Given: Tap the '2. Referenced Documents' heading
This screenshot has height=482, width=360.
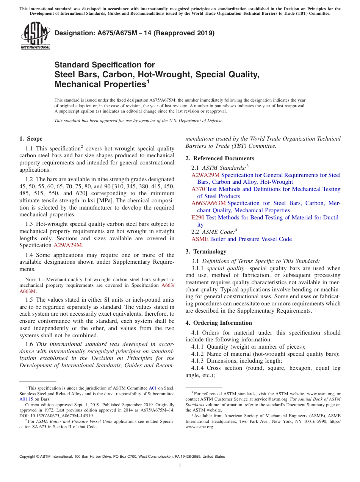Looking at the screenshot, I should coord(220,158).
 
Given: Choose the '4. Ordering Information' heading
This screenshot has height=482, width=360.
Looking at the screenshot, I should coord(219,323).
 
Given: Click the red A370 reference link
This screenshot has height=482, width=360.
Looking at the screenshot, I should coord(198,189).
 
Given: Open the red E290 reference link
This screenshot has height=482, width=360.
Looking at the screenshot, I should coord(198,218).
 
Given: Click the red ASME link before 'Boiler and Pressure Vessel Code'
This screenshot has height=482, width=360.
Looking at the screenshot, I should coord(200,239).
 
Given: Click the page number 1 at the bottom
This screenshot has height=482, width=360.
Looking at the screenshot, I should coord(180,466).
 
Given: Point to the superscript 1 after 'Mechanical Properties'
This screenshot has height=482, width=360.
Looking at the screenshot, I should coord(148,81).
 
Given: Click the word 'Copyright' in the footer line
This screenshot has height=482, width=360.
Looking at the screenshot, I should coord(29,457).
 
